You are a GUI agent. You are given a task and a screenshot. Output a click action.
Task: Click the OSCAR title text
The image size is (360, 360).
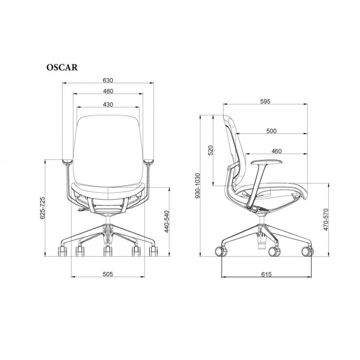(x=62, y=67)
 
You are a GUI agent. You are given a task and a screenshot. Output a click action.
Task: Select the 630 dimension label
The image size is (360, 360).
(x=108, y=80)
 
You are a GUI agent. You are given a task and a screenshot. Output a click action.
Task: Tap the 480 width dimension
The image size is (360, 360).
(x=108, y=91)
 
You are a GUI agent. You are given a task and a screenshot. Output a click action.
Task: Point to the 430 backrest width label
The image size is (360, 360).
(x=108, y=104)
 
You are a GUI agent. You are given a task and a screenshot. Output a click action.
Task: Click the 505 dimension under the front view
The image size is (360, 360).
(x=108, y=274)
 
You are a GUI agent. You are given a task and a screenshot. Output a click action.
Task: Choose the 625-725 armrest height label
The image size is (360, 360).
(x=43, y=208)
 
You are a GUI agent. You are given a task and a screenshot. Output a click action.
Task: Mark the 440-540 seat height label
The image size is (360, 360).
(x=167, y=222)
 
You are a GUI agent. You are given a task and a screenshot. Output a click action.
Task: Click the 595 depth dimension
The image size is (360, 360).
(x=265, y=101)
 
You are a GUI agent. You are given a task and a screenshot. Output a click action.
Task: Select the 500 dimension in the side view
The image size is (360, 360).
(x=272, y=131)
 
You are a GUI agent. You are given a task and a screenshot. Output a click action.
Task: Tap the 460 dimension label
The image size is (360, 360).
(x=277, y=151)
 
